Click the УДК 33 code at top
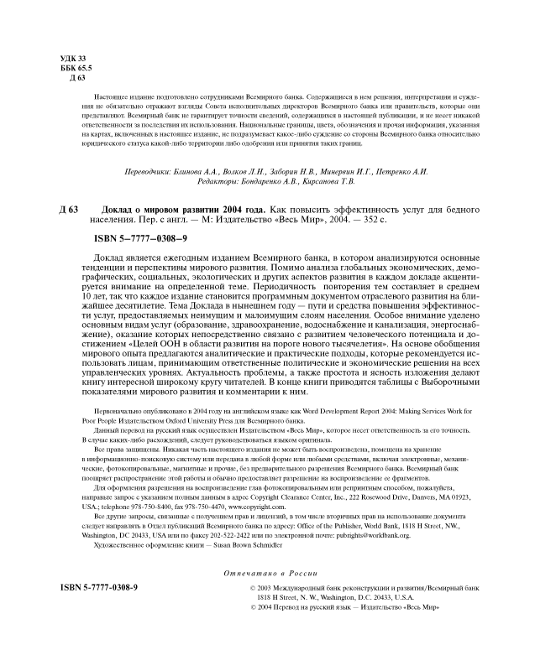(73, 56)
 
